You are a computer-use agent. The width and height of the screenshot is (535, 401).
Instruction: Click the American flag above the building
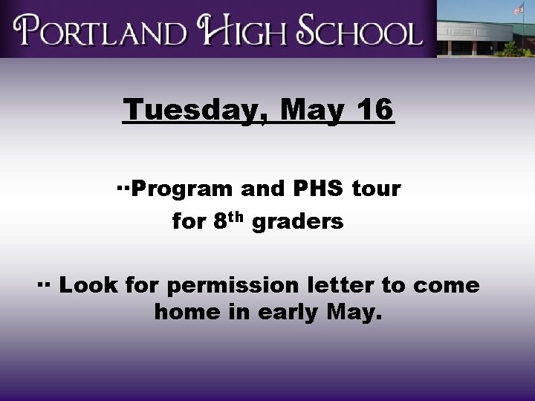[518, 9]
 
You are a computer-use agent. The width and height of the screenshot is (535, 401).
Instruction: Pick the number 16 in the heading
[374, 110]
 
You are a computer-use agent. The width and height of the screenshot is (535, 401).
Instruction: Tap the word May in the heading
[313, 111]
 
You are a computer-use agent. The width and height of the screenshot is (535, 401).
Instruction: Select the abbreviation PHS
[318, 189]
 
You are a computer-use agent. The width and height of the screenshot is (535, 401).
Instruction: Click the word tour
[376, 190]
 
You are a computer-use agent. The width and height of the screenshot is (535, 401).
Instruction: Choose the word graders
[298, 222]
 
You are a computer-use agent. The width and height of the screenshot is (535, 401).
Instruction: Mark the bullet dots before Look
[43, 283]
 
